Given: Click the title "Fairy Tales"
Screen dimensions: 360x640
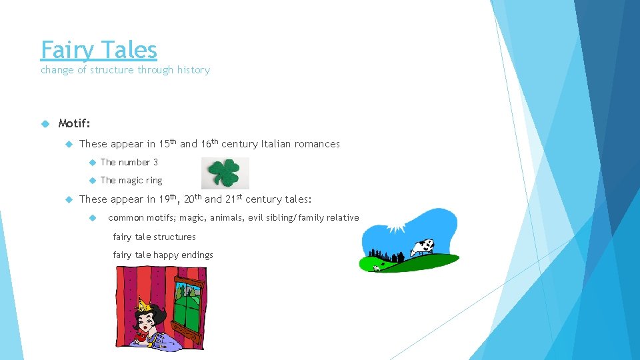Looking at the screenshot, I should (x=99, y=50).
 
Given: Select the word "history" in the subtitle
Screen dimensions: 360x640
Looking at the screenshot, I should (x=193, y=70).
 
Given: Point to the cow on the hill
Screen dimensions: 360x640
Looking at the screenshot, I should (x=421, y=247).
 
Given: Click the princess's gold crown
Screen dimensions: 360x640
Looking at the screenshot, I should (x=142, y=306).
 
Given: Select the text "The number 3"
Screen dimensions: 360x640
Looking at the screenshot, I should (x=129, y=162).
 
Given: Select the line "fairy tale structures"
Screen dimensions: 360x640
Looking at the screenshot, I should (x=155, y=237).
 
